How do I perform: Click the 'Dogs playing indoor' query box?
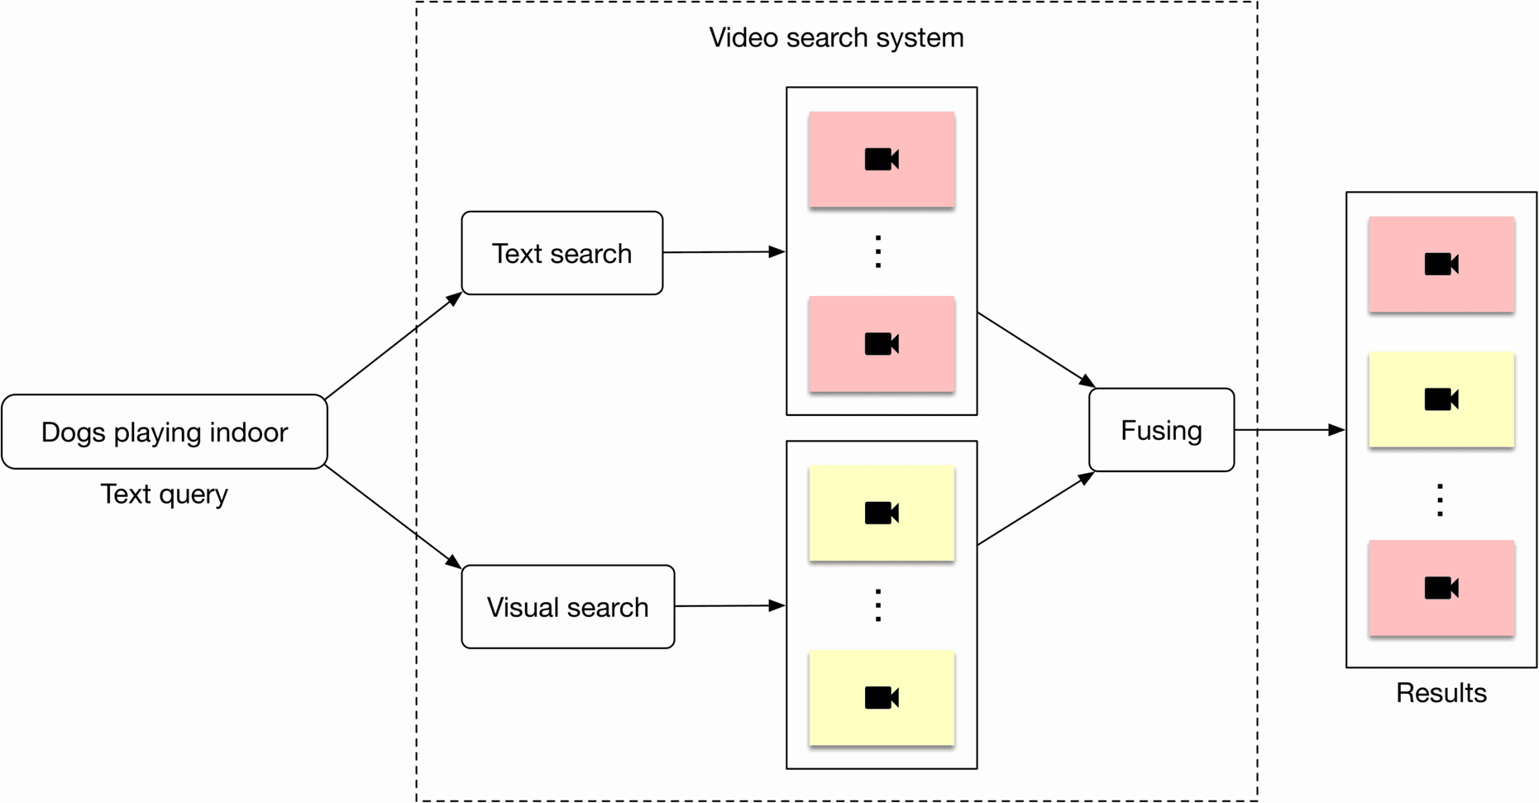[165, 432]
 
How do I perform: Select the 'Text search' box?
[562, 253]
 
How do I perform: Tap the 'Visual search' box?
[568, 607]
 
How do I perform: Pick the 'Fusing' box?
[1161, 430]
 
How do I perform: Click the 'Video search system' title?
[836, 38]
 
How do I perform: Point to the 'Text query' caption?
[164, 494]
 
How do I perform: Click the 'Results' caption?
[1441, 692]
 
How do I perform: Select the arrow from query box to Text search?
[393, 346]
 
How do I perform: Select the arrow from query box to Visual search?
[393, 517]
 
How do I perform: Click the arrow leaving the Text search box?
[724, 252]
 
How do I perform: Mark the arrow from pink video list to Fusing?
[1035, 350]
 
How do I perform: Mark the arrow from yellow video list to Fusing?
[1035, 509]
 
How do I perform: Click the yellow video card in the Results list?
[1441, 400]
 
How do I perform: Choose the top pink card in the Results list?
[1441, 265]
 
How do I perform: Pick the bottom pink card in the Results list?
[1441, 588]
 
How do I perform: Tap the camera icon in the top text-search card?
[882, 159]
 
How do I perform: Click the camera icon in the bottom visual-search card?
[882, 698]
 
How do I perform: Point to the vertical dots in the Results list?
[1441, 500]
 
